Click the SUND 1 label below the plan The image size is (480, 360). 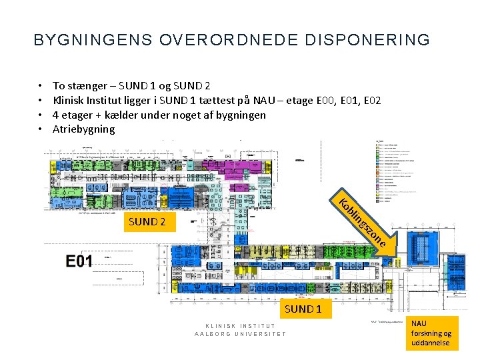(303, 309)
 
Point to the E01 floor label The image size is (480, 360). (79, 261)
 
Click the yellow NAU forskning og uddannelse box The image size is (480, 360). (431, 333)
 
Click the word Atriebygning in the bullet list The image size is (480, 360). (84, 129)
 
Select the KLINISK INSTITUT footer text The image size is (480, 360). (239, 325)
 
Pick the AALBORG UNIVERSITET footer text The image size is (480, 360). (239, 334)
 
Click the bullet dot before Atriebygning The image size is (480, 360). (41, 129)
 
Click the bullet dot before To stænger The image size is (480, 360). (41, 86)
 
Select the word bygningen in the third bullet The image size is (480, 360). (242, 115)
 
